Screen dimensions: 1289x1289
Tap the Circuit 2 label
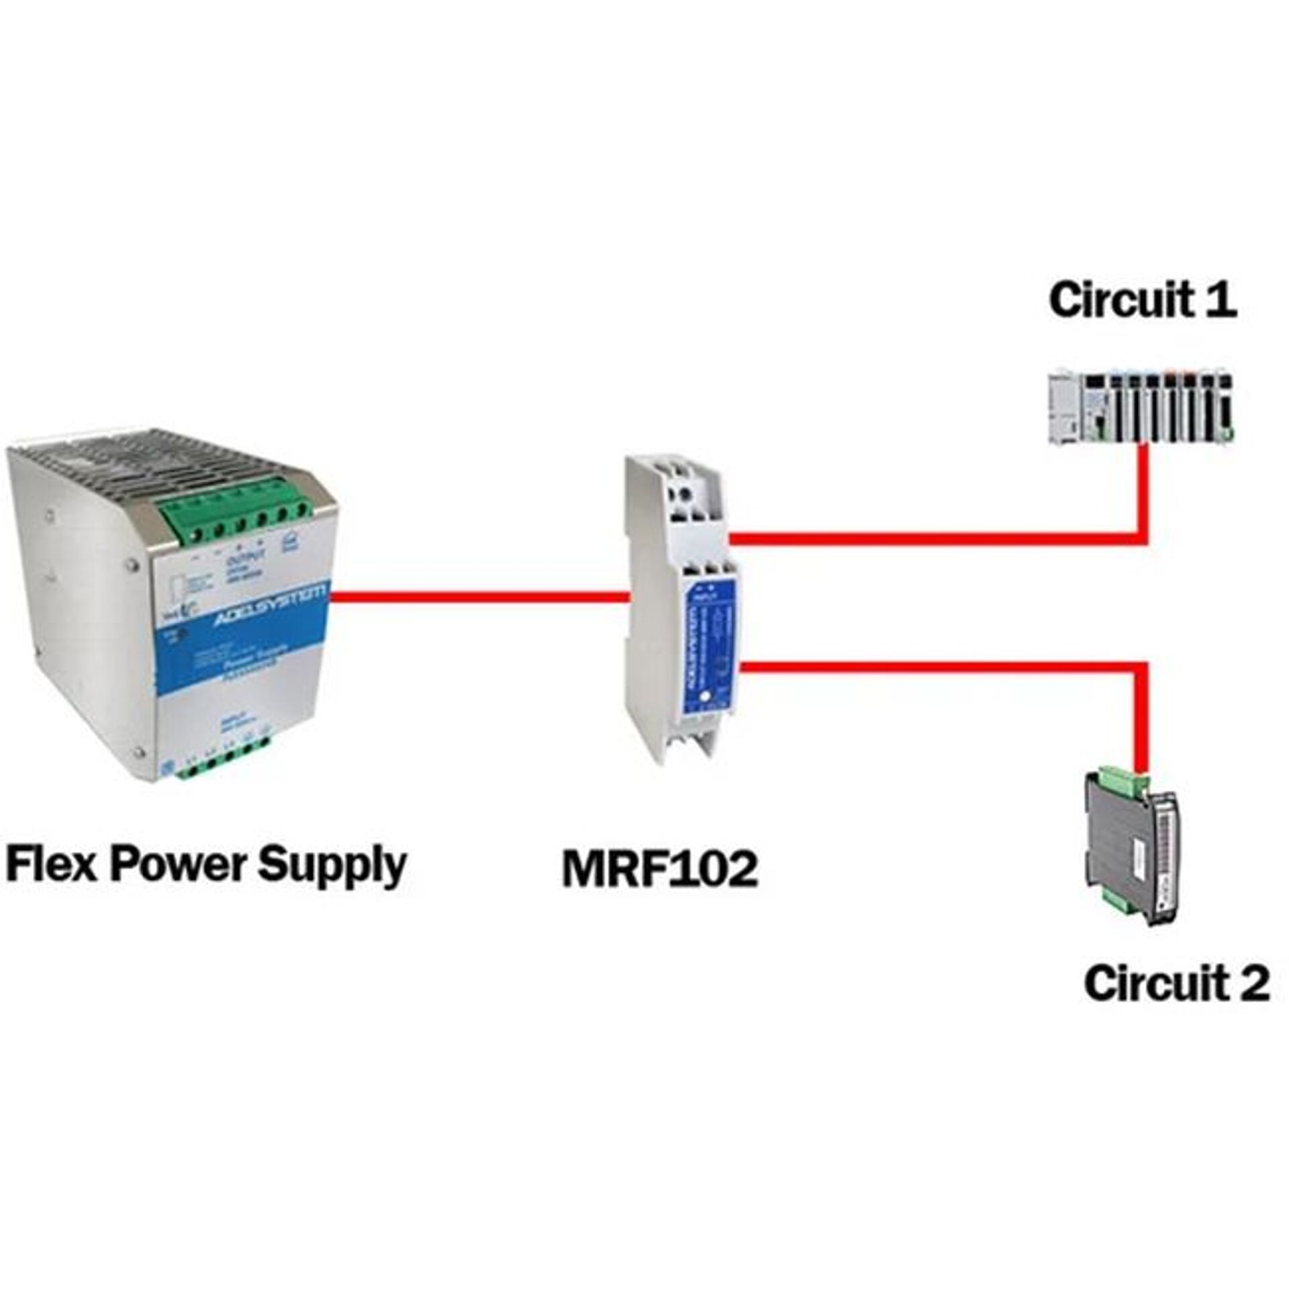(x=1176, y=984)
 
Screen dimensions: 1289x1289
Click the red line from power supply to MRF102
(x=480, y=596)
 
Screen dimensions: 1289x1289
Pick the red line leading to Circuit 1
(x=940, y=538)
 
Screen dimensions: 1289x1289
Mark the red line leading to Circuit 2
(x=940, y=667)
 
